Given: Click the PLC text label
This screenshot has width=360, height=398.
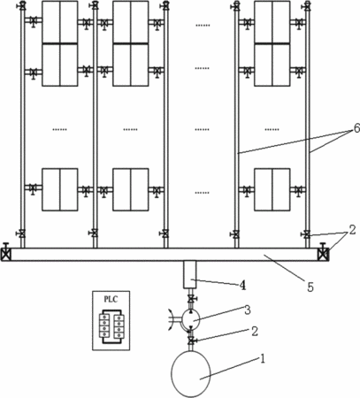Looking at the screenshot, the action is pos(111,299).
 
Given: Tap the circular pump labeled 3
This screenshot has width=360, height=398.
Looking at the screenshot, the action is pos(191,319).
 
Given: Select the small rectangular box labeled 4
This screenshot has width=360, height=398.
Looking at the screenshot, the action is pos(190,274).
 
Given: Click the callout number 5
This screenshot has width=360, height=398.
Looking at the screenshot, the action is pos(310,287).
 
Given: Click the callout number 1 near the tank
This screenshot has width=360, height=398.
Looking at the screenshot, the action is pos(262,359).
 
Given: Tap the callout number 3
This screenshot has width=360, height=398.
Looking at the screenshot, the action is pos(248,310).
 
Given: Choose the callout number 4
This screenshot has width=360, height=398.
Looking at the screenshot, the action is pos(242,285).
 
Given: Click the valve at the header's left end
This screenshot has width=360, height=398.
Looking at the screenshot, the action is pos(6,253).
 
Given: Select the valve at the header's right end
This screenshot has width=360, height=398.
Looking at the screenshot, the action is pos(324,253).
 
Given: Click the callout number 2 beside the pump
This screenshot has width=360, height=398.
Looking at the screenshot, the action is pos(255,332).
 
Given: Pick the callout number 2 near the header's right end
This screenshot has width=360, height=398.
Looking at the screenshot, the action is pos(352,230).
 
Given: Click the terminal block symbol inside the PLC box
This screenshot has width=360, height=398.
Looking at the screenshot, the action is pos(111,326).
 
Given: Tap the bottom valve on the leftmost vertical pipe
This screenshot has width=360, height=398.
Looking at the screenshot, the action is pos(21,233).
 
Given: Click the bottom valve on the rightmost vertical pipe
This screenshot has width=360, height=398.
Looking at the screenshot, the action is pos(306,235).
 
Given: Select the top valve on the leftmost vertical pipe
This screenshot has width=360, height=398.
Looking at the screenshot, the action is pos(22,6).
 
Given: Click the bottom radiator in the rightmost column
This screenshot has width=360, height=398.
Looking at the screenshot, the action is pos(272,189).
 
